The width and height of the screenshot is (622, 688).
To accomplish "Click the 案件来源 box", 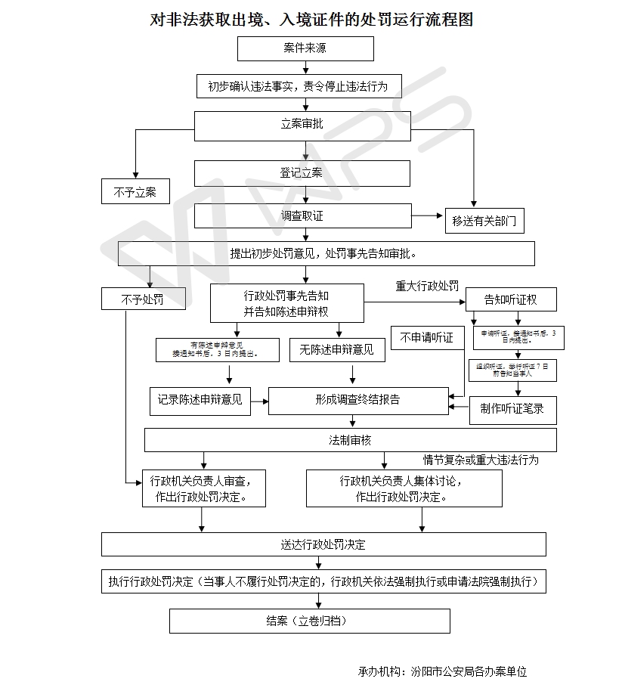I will pos(305,48).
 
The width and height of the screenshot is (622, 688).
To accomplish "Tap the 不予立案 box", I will pos(135,192).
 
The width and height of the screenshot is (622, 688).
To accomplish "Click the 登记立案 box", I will pos(302,173).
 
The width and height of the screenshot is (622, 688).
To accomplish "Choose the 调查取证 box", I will pos(302,216).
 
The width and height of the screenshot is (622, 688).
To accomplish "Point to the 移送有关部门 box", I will pos(484,221).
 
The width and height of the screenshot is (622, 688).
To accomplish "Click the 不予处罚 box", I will pos(143,299).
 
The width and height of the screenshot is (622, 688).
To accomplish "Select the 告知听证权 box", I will pos(511,299).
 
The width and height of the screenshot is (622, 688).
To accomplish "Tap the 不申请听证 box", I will pos(427,338).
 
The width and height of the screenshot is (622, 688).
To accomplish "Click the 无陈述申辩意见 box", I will pos(336,349).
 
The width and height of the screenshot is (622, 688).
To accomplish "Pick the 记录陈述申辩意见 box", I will pos(200,400).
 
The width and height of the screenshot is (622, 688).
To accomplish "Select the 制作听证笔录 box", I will pos(512,409).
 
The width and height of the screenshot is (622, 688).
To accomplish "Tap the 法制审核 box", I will pos(350,440).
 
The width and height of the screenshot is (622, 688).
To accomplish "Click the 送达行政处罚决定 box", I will pos(323,544).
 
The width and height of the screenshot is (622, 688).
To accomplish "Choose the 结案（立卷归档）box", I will pos(309,621).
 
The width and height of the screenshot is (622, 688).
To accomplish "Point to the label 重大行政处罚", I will pos(427,287).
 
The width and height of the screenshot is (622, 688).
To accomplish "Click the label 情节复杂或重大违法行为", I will pos(481,460).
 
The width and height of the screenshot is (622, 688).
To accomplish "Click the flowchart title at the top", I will pos(311,19).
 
